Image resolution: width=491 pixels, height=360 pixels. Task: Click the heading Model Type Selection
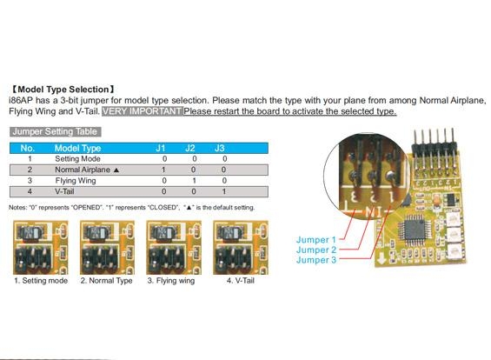pyautogui.click(x=63, y=90)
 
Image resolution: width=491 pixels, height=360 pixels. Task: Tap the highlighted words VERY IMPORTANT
pyautogui.click(x=143, y=111)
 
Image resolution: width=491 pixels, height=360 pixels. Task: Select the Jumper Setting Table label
pyautogui.click(x=55, y=131)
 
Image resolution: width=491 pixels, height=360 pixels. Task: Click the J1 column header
pyautogui.click(x=161, y=148)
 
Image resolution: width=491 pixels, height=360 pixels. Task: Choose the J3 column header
pyautogui.click(x=220, y=148)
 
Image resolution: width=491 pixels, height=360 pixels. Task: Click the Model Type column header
pyautogui.click(x=77, y=148)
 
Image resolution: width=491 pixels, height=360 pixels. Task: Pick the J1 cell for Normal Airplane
pyautogui.click(x=163, y=170)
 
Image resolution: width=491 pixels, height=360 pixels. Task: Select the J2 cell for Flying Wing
pyautogui.click(x=194, y=181)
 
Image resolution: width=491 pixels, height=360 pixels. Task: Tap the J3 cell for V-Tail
pyautogui.click(x=224, y=191)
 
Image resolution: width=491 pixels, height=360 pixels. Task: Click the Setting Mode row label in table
pyautogui.click(x=77, y=159)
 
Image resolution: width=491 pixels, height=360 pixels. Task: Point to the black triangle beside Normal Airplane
pyautogui.click(x=116, y=170)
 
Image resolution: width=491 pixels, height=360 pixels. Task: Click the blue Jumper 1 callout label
pyautogui.click(x=316, y=240)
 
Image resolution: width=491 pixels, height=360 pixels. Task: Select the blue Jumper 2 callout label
pyautogui.click(x=316, y=250)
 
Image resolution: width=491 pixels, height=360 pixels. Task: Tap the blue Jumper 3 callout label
pyautogui.click(x=316, y=260)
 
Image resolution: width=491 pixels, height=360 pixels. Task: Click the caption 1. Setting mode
pyautogui.click(x=41, y=281)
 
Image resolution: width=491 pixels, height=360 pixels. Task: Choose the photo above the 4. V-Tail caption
pyautogui.click(x=241, y=248)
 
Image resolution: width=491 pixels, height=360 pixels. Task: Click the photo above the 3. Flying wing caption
pyautogui.click(x=174, y=248)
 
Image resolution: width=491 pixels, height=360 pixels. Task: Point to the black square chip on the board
pyautogui.click(x=414, y=230)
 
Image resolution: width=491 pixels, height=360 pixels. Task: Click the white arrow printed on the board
pyautogui.click(x=382, y=259)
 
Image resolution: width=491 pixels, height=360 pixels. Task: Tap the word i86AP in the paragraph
pyautogui.click(x=21, y=101)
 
